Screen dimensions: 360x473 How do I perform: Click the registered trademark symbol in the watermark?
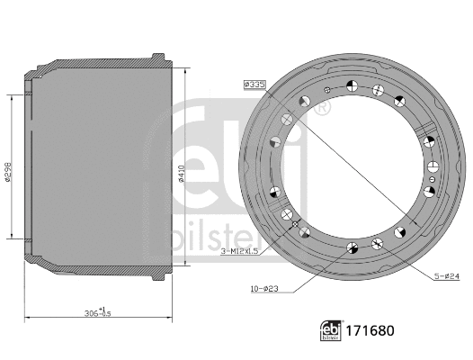tap(321, 107)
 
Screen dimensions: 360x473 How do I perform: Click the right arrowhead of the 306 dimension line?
tap(171, 318)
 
